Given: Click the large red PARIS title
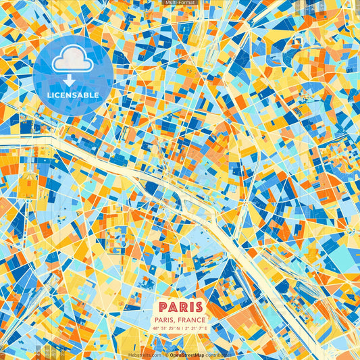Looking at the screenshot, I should click(180, 306).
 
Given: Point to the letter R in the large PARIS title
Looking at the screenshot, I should click(181, 306).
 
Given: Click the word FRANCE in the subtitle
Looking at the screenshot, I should click(193, 320).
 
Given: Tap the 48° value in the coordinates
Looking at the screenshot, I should click(156, 329).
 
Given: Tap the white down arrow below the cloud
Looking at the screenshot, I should click(68, 79).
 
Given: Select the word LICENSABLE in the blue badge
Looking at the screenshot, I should click(73, 95).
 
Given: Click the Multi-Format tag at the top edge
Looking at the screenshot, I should click(180, 3).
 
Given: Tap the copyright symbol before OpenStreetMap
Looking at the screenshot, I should click(166, 355).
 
